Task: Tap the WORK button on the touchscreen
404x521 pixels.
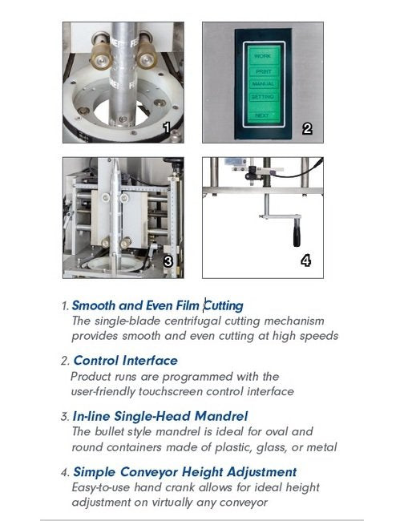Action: pyautogui.click(x=263, y=56)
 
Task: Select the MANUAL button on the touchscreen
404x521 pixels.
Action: pyautogui.click(x=263, y=84)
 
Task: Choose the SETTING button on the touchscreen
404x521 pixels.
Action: pyautogui.click(x=263, y=97)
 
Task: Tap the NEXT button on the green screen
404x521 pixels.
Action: pyautogui.click(x=262, y=115)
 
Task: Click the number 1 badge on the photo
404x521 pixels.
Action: pyautogui.click(x=167, y=127)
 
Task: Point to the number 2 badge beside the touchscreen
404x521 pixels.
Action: pyautogui.click(x=307, y=128)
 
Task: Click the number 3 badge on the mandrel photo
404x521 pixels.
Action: pyautogui.click(x=168, y=261)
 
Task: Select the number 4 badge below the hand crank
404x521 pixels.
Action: pyautogui.click(x=305, y=260)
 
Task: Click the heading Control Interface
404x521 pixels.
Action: pyautogui.click(x=126, y=361)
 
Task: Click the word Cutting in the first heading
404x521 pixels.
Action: pyautogui.click(x=224, y=305)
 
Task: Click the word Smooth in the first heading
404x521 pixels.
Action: pyautogui.click(x=93, y=305)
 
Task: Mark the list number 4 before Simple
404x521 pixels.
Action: pyautogui.click(x=66, y=472)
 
